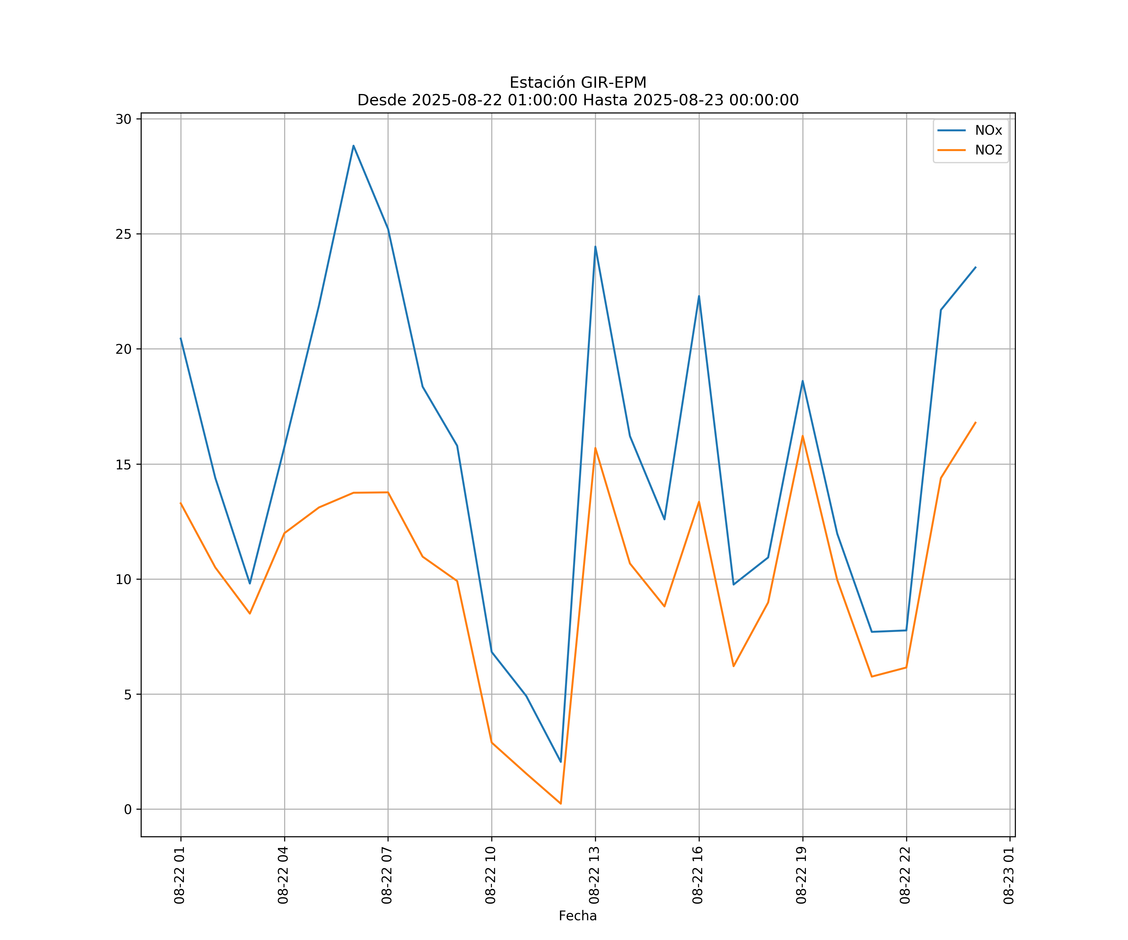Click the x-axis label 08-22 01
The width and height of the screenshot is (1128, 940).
tap(180, 875)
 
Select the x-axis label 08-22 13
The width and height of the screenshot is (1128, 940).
tap(594, 875)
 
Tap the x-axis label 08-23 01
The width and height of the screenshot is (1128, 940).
tap(1009, 875)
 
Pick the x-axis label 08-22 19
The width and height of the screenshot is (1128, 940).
tap(802, 875)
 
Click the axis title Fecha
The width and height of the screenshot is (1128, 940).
tap(577, 916)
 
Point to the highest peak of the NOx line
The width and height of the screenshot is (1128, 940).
tap(353, 146)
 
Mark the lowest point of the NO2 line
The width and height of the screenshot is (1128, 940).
tap(561, 804)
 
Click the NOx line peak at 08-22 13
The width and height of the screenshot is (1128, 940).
tap(595, 247)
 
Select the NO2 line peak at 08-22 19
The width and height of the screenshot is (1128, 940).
tap(802, 436)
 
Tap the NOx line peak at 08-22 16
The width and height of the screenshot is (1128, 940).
tap(699, 296)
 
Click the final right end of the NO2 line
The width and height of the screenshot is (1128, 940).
tap(975, 422)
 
